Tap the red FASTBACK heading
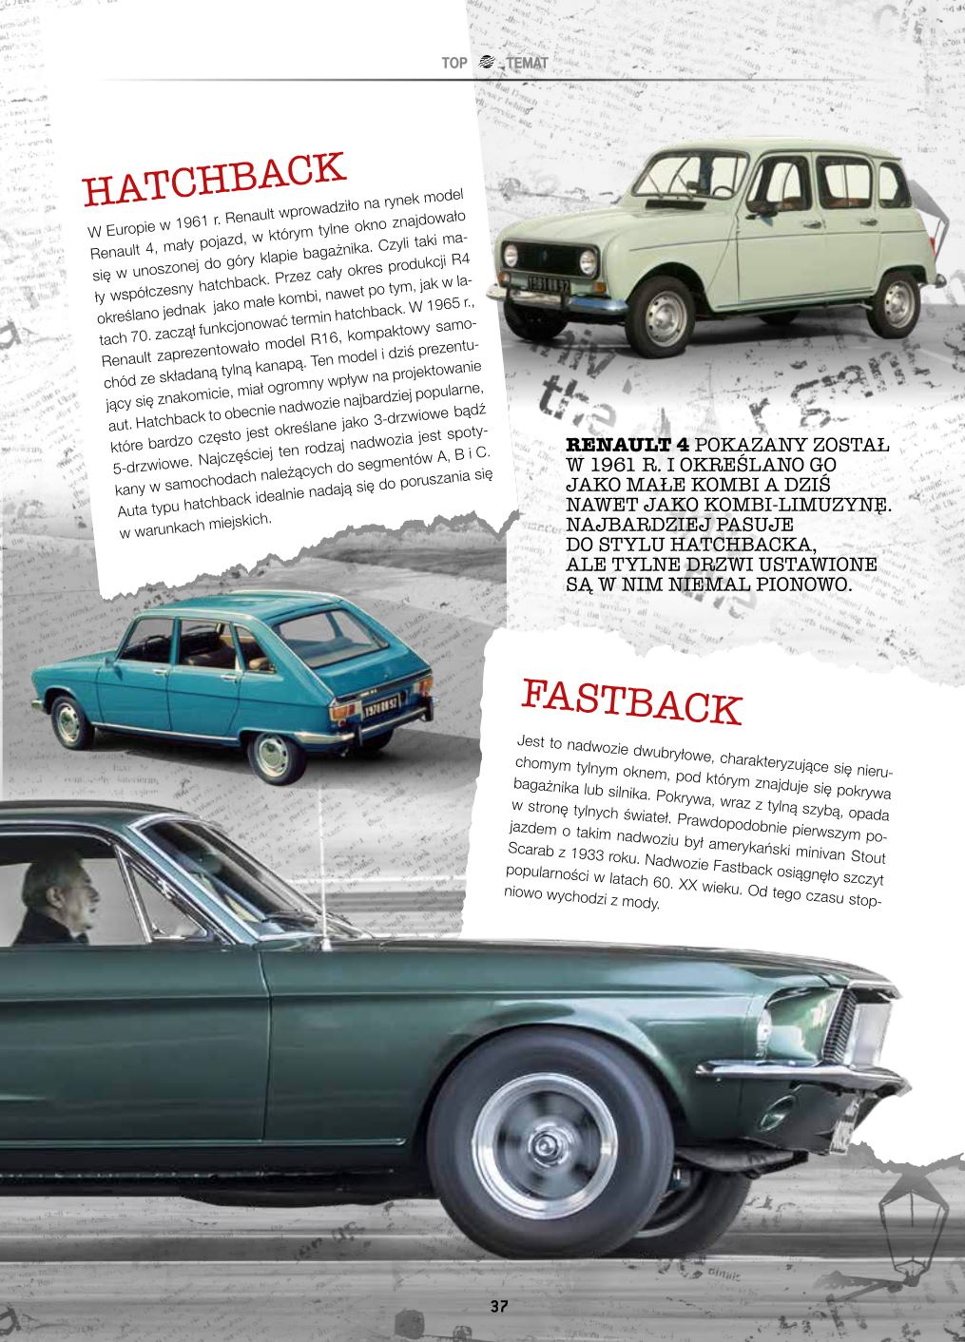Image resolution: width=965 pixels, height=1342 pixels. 629,700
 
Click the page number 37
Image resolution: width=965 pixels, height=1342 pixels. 499,1305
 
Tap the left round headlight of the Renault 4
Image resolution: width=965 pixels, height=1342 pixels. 511,255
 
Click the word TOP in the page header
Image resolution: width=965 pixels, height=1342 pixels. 454,64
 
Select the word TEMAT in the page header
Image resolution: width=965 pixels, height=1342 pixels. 528,64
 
